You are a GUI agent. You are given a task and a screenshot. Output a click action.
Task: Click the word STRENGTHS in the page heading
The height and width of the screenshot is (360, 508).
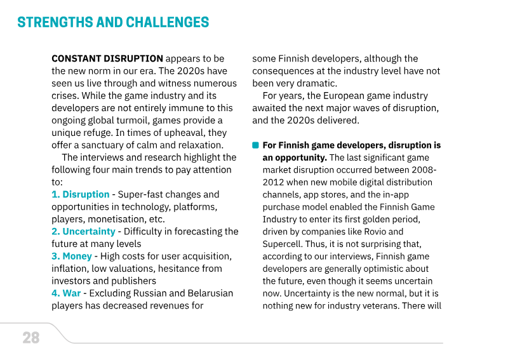[55, 22]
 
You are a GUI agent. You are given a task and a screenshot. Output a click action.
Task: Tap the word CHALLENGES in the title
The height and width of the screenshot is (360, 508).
[168, 22]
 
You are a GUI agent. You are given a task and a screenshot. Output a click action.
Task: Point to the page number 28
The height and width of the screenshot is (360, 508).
[31, 338]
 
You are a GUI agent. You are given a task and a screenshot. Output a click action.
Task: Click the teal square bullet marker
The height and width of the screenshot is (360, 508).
[255, 145]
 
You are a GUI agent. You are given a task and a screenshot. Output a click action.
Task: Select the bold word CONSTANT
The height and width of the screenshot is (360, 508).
[76, 58]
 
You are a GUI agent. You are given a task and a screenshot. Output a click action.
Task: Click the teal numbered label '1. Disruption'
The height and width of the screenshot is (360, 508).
[81, 194]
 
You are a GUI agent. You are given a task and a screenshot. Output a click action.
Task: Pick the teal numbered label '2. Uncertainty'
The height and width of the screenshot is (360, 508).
[83, 231]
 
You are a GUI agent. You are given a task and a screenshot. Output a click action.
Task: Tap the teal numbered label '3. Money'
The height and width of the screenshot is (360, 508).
[72, 256]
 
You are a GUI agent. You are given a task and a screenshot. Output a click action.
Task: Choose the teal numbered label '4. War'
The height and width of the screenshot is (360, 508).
[66, 293]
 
